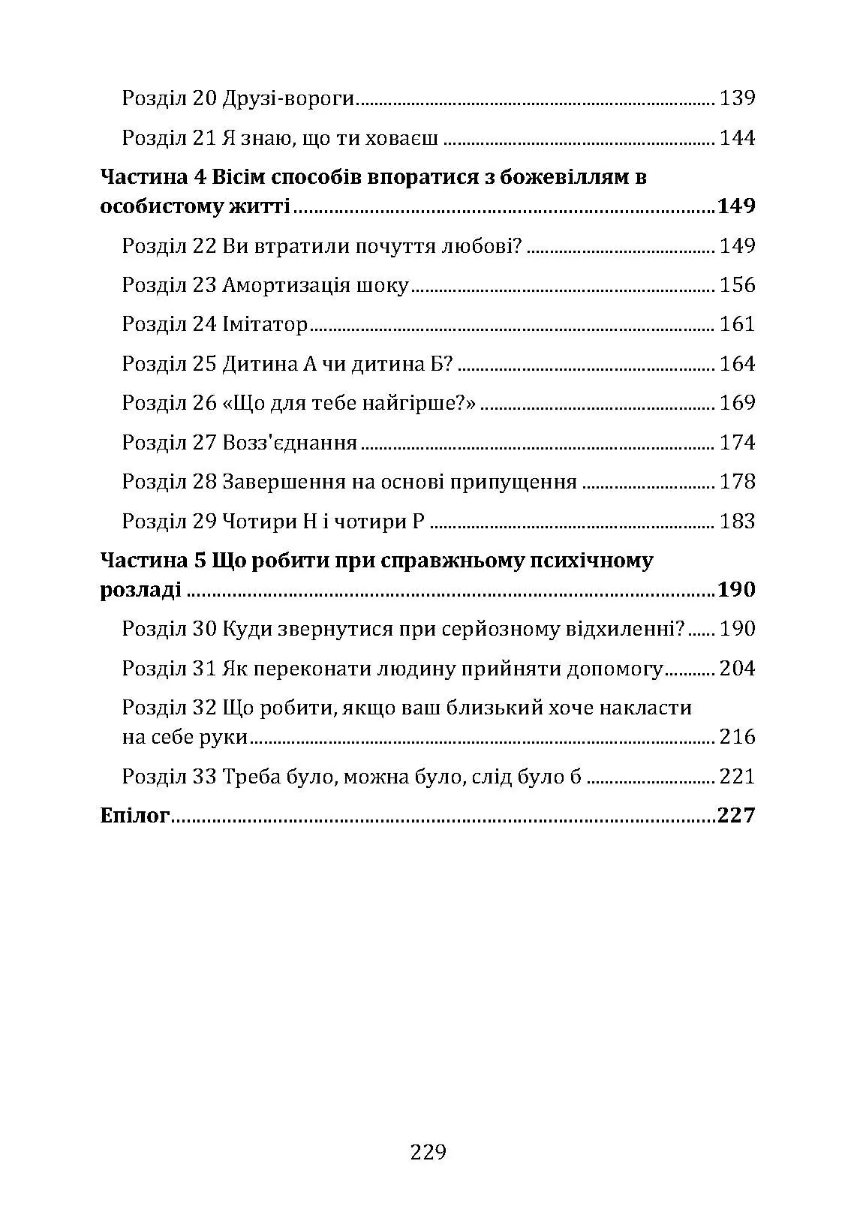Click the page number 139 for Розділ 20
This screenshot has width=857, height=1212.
click(x=737, y=98)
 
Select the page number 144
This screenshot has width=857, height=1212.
click(x=737, y=138)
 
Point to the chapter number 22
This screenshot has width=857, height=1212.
click(x=204, y=246)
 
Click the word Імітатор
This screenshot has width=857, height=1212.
click(x=266, y=325)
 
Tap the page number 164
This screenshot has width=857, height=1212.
click(x=737, y=364)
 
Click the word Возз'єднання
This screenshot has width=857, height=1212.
click(x=290, y=443)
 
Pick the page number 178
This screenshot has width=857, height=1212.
click(x=737, y=482)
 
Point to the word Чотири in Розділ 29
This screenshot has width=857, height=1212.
click(x=257, y=522)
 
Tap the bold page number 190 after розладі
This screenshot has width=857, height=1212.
click(x=735, y=590)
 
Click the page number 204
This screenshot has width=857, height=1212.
click(x=737, y=669)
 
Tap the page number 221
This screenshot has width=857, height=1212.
click(x=737, y=776)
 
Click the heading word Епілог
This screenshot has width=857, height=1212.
click(x=135, y=816)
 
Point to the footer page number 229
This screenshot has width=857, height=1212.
click(x=428, y=1152)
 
